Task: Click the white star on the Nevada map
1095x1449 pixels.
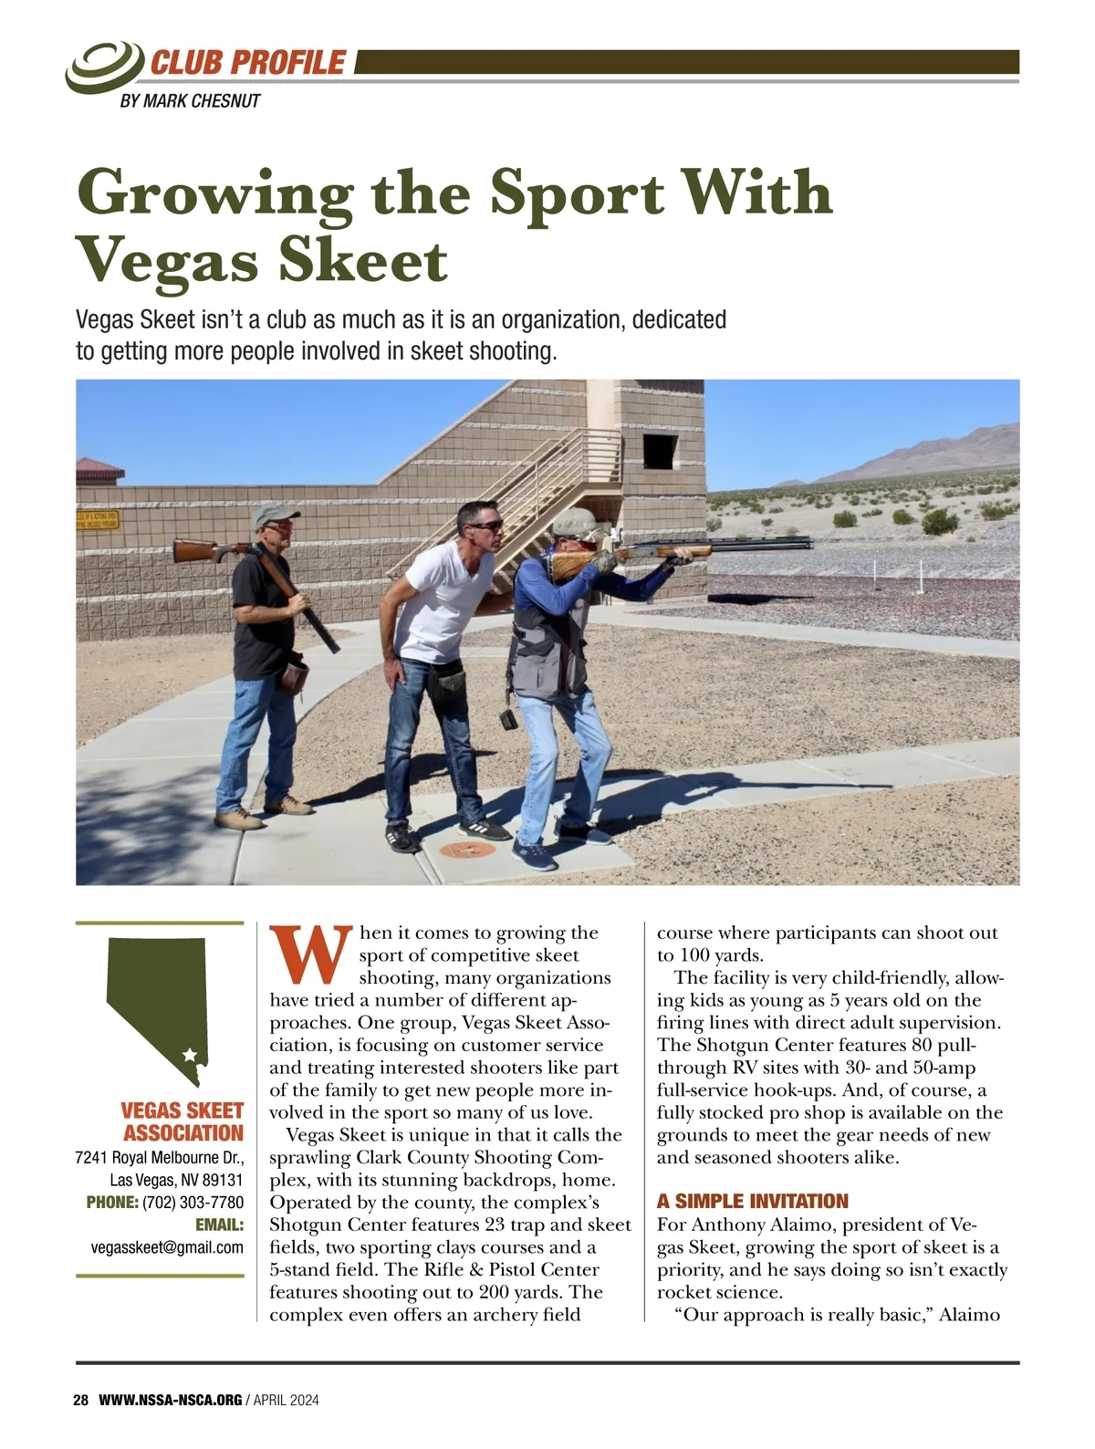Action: point(190,1055)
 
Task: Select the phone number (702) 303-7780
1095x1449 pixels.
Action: point(193,1202)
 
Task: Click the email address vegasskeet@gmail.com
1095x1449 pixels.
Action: point(167,1247)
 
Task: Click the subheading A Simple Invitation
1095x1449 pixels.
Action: point(752,1201)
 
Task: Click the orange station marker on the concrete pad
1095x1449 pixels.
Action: point(466,850)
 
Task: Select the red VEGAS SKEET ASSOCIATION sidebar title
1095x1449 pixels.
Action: point(182,1122)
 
